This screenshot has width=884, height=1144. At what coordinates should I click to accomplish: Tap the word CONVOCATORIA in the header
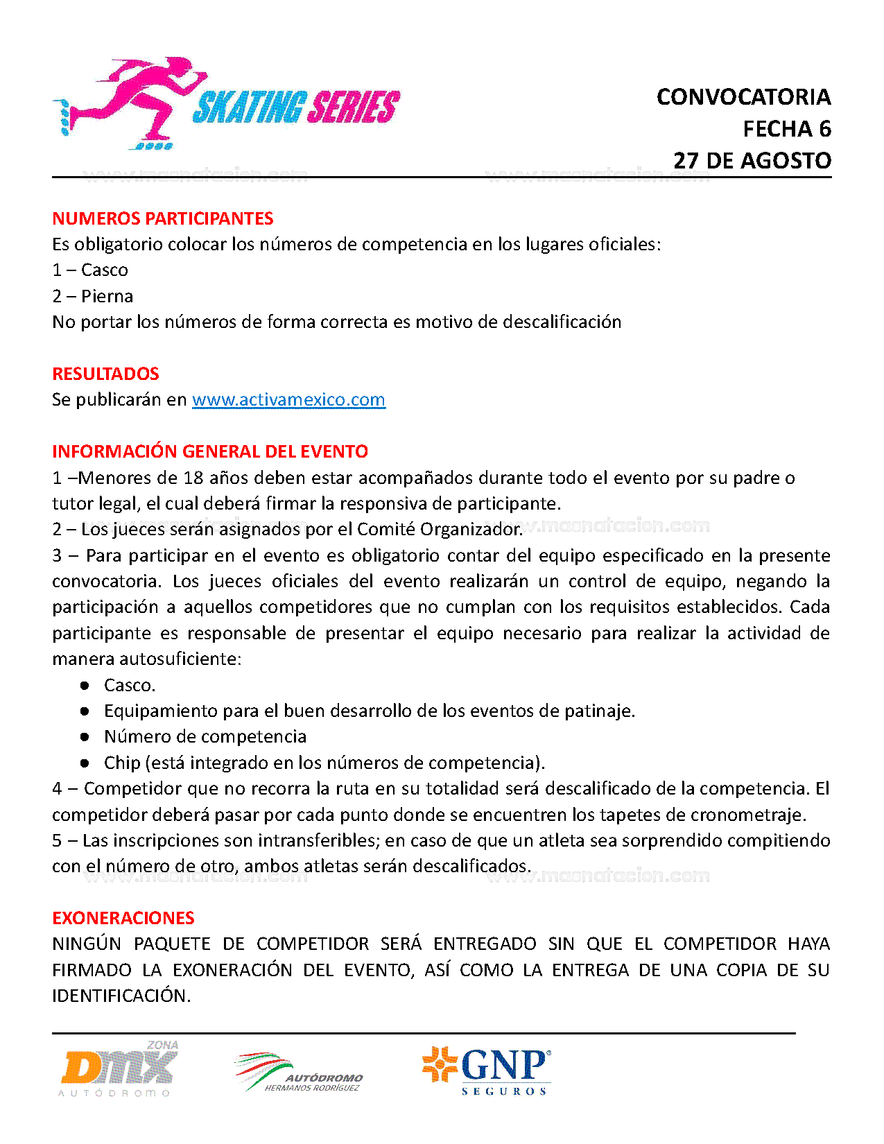[x=743, y=97]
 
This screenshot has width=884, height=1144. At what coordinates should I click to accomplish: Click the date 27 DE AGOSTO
[x=752, y=161]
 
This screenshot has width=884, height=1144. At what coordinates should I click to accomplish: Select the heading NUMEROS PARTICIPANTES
[x=163, y=218]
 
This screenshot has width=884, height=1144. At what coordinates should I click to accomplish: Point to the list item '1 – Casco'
[x=90, y=270]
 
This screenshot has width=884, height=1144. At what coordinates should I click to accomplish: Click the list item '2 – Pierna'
[x=93, y=296]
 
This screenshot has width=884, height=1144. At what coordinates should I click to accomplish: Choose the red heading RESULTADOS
[x=105, y=374]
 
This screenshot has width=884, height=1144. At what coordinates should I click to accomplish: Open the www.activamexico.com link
[x=288, y=400]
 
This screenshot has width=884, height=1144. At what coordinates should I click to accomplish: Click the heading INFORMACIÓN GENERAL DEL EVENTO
[x=210, y=451]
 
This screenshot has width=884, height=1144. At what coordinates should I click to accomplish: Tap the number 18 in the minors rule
[x=193, y=478]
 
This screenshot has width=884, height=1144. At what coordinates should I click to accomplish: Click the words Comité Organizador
[x=439, y=530]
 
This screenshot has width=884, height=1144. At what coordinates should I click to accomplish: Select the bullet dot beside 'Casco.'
[x=85, y=685]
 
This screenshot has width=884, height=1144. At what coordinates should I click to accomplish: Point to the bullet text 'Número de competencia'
[x=205, y=736]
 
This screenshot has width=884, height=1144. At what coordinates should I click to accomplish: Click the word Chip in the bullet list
[x=122, y=763]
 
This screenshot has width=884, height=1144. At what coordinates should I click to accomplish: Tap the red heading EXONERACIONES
[x=123, y=918]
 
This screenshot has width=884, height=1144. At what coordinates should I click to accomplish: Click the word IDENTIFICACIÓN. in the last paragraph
[x=121, y=996]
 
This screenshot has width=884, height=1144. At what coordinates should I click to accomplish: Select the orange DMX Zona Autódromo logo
[x=119, y=1068]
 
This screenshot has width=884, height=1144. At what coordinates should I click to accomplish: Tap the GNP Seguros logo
[x=487, y=1071]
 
